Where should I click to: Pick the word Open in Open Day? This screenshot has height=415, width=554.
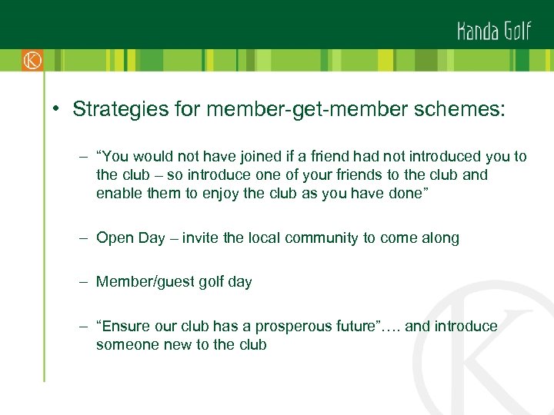click(x=113, y=238)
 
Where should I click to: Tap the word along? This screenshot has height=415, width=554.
click(x=440, y=238)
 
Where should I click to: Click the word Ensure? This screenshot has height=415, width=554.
click(x=126, y=327)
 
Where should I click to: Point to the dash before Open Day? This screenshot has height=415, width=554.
click(x=82, y=238)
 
